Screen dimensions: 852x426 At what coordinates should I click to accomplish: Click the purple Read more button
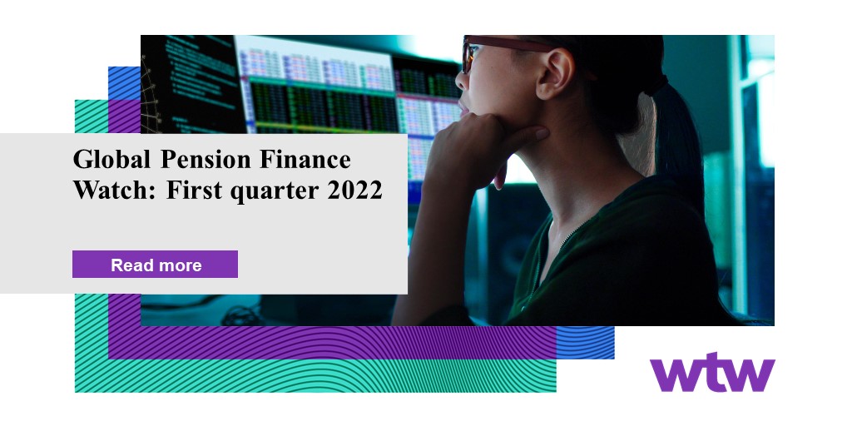155,264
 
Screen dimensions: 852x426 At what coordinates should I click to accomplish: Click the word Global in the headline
111,160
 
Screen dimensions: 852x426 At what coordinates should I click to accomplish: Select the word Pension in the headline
206,160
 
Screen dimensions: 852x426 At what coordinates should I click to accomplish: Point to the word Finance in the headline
305,160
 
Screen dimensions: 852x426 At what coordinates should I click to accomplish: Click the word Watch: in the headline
115,191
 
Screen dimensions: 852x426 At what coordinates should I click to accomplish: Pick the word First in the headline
192,191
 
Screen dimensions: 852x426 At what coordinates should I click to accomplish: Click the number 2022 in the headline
354,191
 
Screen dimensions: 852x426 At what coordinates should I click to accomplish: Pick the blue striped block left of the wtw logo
585,342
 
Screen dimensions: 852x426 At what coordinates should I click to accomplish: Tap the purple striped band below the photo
332,342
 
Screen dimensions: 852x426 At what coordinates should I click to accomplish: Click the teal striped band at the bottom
315,376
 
